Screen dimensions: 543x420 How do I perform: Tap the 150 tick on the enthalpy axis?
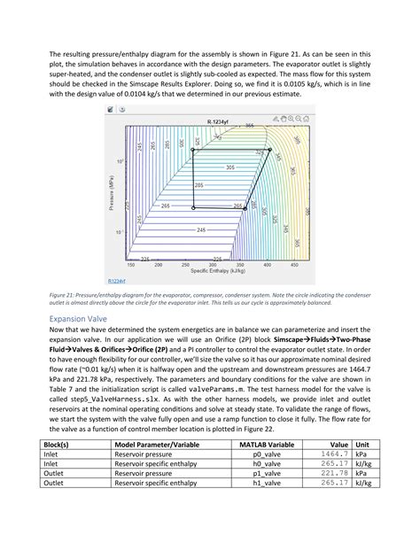[132, 264]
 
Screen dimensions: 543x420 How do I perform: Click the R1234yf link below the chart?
[115, 279]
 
